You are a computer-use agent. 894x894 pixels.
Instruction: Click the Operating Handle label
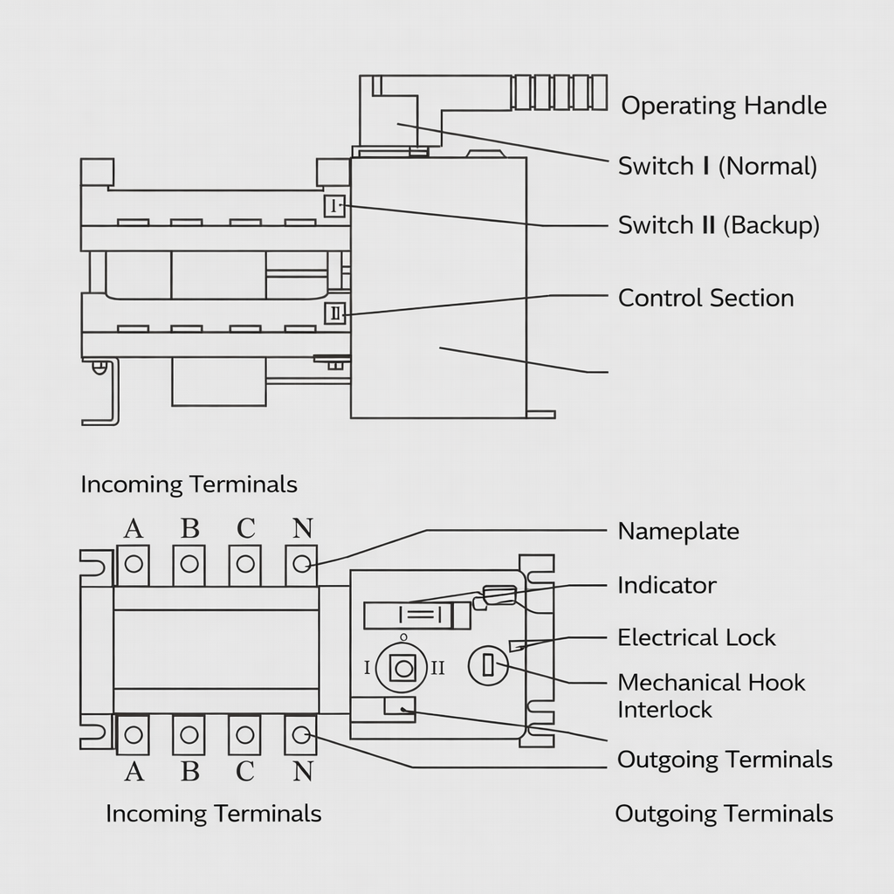723,107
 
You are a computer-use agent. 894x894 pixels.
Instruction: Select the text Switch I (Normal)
717,166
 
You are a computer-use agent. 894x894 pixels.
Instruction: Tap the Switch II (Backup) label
719,225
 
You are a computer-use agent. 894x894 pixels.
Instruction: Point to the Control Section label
705,298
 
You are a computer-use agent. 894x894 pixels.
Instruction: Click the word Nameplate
677,531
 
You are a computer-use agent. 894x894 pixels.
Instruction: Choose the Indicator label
666,585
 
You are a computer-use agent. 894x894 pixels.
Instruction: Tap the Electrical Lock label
696,637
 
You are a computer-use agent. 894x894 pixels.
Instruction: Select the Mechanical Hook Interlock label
711,695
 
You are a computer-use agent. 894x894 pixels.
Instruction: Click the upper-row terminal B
189,564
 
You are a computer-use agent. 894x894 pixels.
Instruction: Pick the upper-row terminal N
301,564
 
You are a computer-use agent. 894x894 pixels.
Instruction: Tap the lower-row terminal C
244,735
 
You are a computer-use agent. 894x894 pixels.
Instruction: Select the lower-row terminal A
133,735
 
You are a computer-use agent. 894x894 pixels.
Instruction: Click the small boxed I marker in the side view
335,206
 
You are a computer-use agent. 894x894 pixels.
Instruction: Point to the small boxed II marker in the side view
335,313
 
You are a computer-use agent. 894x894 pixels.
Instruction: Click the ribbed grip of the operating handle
559,93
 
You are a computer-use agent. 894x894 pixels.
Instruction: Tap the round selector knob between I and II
402,668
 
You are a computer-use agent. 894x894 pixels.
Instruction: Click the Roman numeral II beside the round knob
437,668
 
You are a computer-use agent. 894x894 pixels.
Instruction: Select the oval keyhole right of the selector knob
488,667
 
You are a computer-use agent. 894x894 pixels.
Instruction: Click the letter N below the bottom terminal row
302,772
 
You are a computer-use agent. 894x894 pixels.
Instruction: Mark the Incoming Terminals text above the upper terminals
189,485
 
